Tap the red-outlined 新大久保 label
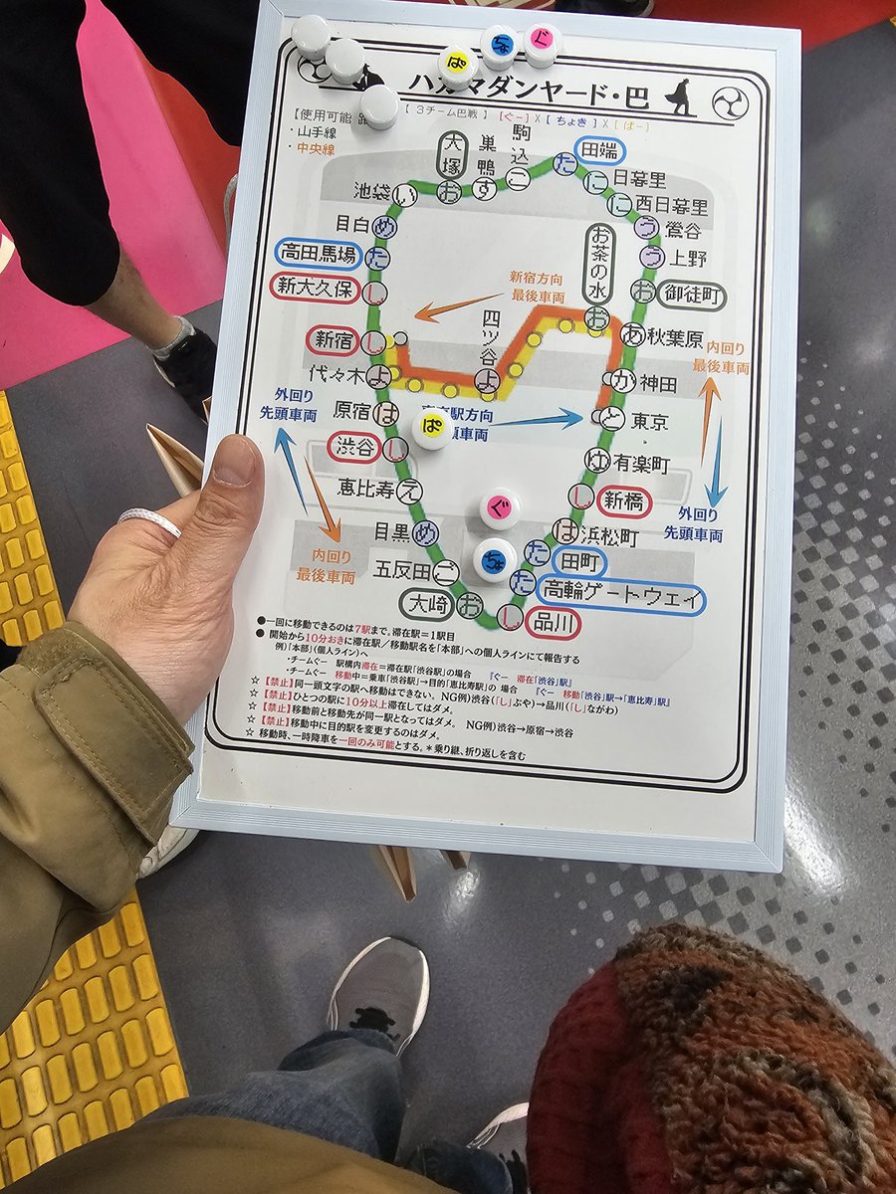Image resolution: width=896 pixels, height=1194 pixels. (316, 290)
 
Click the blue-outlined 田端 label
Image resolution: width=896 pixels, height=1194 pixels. (599, 150)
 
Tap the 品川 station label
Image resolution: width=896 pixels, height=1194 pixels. (554, 623)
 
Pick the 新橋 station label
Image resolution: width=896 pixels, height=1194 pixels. (624, 500)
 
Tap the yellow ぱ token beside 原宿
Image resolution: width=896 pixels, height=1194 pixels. (432, 427)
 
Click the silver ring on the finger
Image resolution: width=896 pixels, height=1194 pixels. (149, 519)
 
